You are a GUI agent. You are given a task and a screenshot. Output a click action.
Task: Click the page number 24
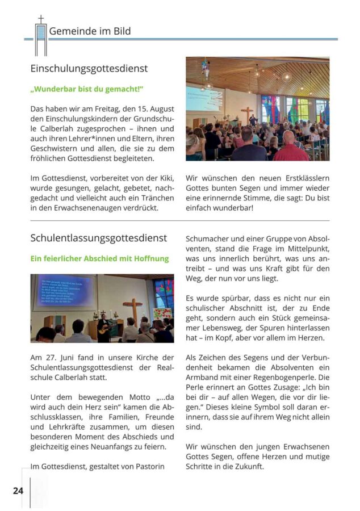pyautogui.click(x=18, y=490)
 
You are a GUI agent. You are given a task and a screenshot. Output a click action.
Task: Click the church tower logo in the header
pyautogui.click(x=40, y=37)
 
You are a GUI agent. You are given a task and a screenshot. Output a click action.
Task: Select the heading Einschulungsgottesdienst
pyautogui.click(x=89, y=68)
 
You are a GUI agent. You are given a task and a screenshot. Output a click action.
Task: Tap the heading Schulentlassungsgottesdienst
pyautogui.click(x=99, y=238)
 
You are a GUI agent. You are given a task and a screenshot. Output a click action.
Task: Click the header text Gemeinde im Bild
pyautogui.click(x=90, y=31)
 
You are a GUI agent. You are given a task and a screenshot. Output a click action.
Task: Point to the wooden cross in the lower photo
pyautogui.click(x=132, y=311)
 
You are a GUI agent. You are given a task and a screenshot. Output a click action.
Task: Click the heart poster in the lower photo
pyautogui.click(x=162, y=313)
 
